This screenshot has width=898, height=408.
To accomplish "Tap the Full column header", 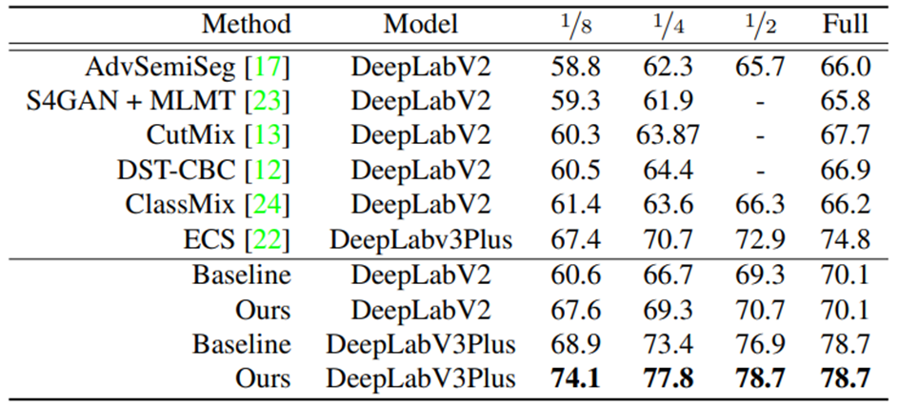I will click(845, 25).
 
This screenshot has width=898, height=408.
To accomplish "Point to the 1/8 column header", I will click(573, 25).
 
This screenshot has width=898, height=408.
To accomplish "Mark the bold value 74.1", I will click(574, 378).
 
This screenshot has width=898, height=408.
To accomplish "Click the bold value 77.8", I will click(668, 378).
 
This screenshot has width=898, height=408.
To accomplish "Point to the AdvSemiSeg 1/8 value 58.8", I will click(574, 69).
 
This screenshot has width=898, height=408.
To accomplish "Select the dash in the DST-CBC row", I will click(759, 172).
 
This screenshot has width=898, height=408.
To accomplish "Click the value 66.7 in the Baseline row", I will click(668, 275).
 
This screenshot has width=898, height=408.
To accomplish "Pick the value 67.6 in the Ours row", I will click(574, 310).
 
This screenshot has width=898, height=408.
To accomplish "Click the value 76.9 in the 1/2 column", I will click(759, 344).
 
